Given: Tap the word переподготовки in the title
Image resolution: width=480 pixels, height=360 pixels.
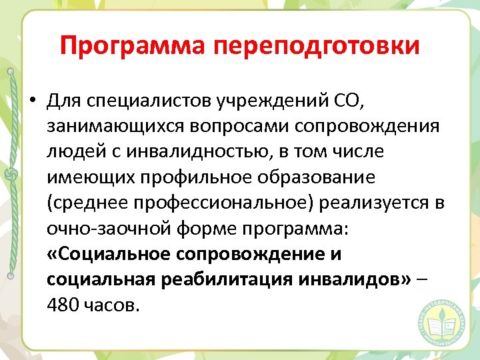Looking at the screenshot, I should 317,47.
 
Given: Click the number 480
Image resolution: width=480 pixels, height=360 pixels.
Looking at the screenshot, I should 63,305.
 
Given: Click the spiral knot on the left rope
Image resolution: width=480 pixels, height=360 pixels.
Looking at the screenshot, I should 9,175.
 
